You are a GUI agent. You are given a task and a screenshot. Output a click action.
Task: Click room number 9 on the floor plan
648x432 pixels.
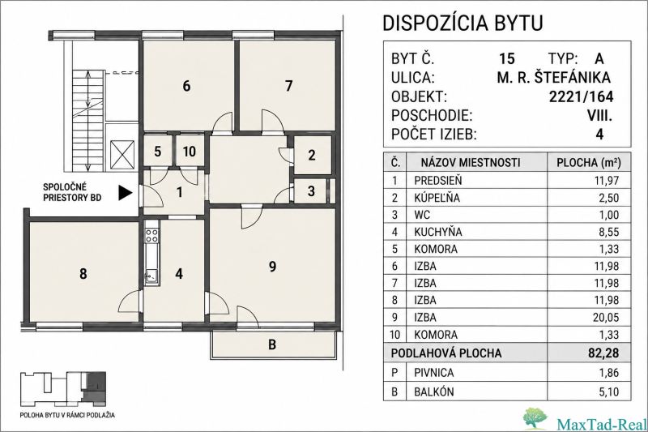click(x=272, y=267)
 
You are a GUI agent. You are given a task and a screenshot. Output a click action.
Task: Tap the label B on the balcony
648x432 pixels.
click(x=272, y=344)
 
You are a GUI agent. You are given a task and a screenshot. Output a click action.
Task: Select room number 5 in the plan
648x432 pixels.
click(x=157, y=152)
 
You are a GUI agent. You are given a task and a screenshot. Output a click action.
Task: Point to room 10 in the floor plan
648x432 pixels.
click(x=190, y=152)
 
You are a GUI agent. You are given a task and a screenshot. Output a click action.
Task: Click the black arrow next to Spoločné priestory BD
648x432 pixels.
click(x=126, y=192)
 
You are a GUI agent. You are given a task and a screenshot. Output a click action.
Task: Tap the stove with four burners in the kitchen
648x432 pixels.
click(x=151, y=236)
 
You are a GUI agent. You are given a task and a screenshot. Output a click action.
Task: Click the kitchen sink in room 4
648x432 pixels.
click(x=151, y=276)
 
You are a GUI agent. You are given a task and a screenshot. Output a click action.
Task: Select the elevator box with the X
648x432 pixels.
click(x=123, y=155)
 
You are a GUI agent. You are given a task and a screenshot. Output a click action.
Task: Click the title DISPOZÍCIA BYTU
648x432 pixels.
click(x=463, y=24)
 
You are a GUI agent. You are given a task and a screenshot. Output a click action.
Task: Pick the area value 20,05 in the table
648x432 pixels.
click(x=607, y=317)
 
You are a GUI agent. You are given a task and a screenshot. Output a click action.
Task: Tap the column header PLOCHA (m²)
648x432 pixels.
click(x=589, y=162)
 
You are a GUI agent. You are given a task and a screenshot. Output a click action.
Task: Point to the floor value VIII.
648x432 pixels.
click(x=599, y=116)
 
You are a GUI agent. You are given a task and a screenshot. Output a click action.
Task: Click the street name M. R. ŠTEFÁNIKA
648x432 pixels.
click(x=553, y=77)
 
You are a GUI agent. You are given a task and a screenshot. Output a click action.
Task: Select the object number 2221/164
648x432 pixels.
click(x=581, y=96)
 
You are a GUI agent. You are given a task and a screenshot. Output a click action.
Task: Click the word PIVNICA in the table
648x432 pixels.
click(x=434, y=373)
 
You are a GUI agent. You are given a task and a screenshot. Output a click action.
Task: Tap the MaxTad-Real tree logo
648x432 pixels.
click(x=537, y=418)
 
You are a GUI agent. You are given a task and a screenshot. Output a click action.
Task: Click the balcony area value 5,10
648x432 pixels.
click(x=609, y=391)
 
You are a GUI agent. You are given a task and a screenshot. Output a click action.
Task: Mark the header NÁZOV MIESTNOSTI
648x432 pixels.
click(x=471, y=162)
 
